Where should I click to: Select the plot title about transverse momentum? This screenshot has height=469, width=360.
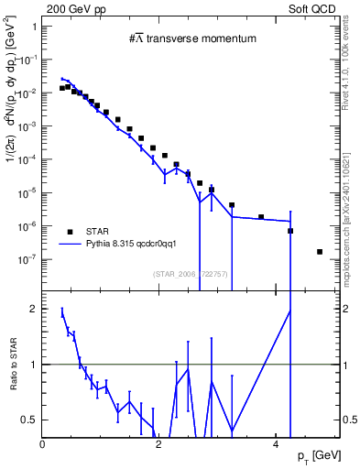[x=191, y=38]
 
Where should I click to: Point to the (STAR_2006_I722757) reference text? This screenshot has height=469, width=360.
[x=191, y=273]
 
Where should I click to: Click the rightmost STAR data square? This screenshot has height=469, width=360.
[x=320, y=252]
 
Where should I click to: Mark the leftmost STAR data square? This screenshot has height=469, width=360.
[x=61, y=89]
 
